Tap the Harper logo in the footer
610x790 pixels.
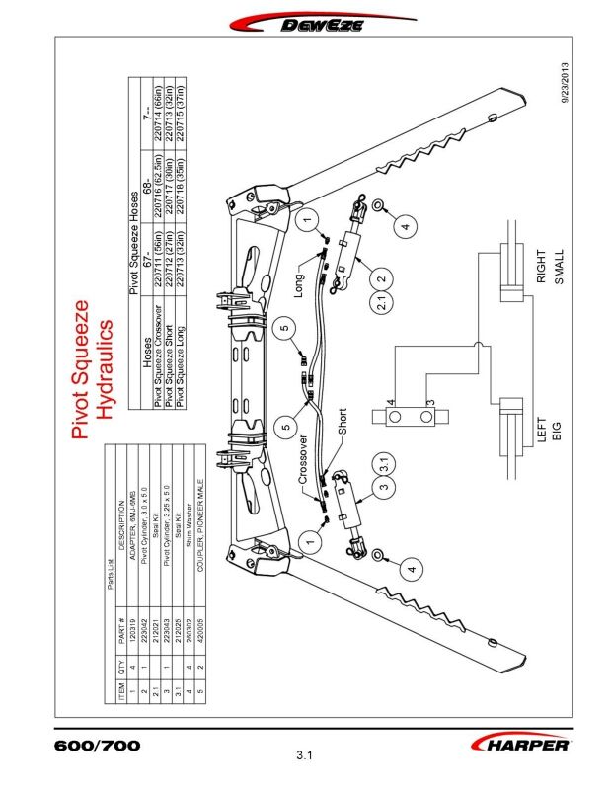point(522,743)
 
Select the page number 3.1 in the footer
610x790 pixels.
point(304,758)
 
